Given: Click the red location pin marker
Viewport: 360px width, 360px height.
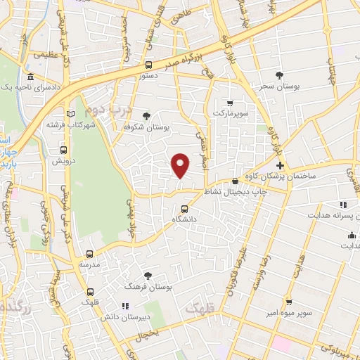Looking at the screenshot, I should (181, 165).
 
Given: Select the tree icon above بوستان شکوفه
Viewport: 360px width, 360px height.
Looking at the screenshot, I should (146, 116).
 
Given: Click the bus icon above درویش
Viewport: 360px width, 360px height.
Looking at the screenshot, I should (64, 150).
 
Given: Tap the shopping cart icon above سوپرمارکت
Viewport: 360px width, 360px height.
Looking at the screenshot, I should (229, 103).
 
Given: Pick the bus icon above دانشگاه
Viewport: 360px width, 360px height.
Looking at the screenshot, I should (184, 209).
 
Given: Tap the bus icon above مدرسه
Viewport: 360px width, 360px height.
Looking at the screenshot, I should (89, 254).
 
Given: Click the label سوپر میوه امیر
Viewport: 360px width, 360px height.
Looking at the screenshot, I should (282, 310).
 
